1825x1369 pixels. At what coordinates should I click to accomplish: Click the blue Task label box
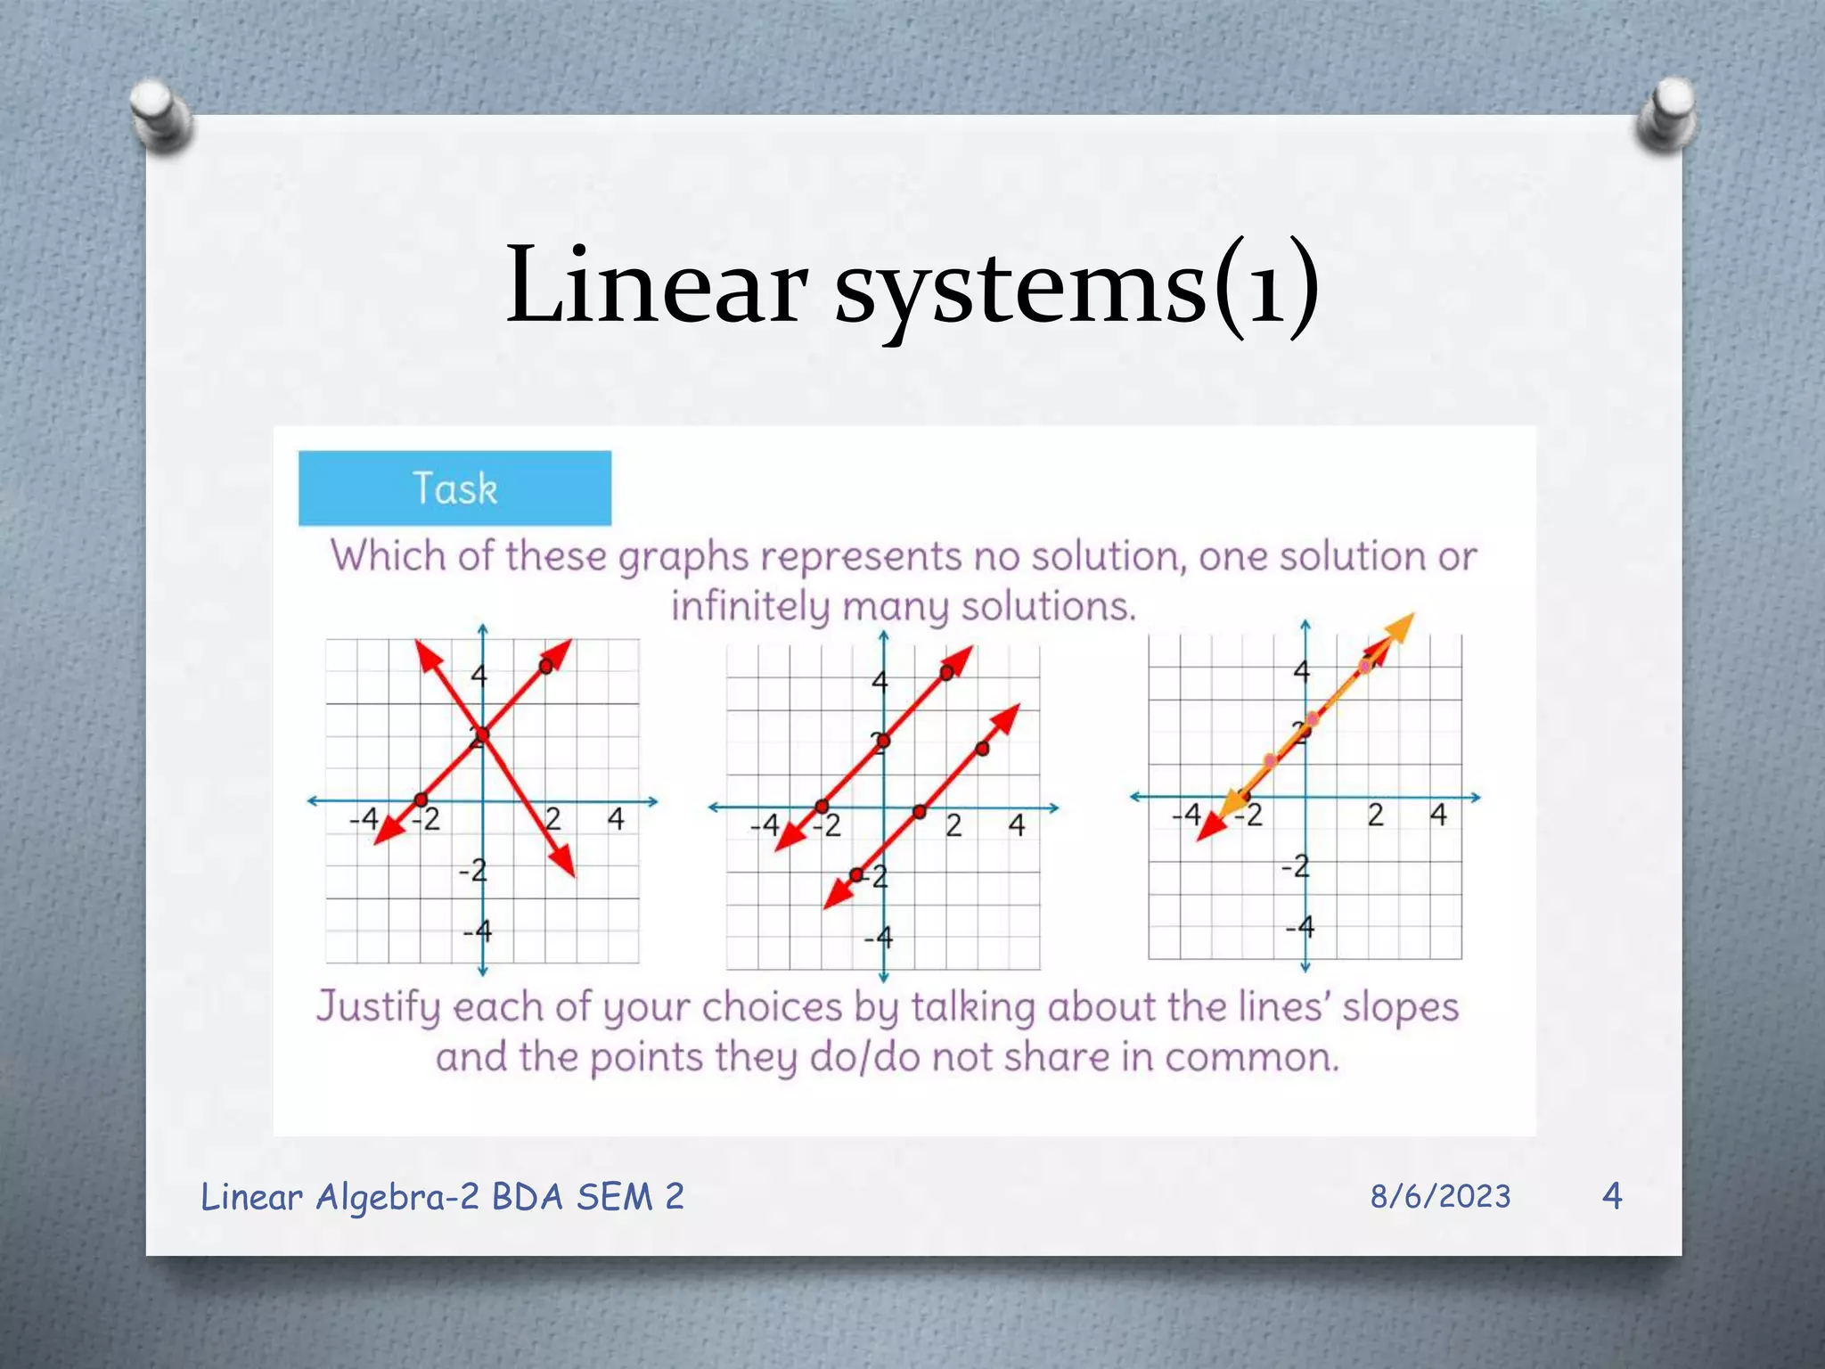point(454,488)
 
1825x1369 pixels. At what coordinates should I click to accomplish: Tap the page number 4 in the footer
point(1611,1195)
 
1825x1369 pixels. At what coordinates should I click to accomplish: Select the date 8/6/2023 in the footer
point(1440,1196)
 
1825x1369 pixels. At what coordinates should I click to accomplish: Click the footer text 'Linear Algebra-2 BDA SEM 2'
point(442,1196)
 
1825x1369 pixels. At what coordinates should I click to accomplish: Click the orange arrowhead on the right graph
point(1401,627)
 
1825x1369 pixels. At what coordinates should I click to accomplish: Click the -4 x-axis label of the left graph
point(364,818)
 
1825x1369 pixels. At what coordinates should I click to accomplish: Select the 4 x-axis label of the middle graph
point(1017,825)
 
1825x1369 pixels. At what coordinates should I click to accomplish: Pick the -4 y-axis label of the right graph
point(1299,927)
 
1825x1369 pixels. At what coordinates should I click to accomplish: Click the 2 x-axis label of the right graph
point(1375,815)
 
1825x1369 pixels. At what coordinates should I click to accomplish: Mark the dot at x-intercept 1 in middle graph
point(920,811)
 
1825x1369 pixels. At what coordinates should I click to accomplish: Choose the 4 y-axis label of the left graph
point(479,675)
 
